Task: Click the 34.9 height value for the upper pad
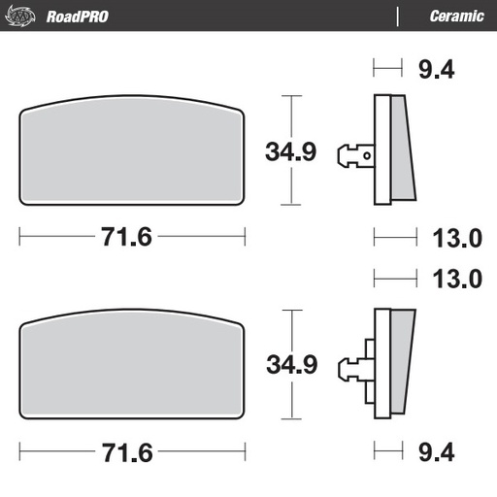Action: pos(291,151)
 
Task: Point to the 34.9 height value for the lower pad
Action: pos(291,366)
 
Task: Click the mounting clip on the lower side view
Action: pos(353,367)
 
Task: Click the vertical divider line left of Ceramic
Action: pos(398,16)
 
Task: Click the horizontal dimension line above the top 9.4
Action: pos(386,69)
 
